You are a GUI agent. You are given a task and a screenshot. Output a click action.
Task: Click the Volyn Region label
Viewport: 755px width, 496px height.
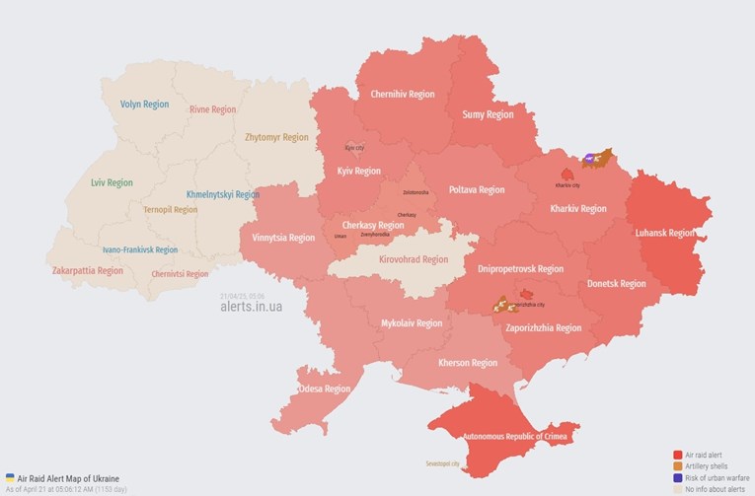point(144,104)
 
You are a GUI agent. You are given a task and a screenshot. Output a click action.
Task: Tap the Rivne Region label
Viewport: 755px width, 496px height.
point(213,109)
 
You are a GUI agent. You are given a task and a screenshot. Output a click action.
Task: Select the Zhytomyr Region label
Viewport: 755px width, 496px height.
point(276,137)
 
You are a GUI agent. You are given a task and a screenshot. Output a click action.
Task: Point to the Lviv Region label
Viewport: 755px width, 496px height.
point(112,182)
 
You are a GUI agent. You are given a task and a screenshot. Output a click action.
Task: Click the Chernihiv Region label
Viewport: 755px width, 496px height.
point(402,95)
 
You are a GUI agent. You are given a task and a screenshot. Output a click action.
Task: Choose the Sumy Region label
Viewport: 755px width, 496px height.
point(488,114)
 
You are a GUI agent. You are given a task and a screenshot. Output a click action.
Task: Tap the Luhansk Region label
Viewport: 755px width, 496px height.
point(667,233)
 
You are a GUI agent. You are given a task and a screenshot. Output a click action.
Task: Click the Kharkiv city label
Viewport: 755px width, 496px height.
point(567,184)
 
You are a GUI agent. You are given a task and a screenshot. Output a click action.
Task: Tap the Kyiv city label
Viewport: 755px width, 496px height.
point(354,148)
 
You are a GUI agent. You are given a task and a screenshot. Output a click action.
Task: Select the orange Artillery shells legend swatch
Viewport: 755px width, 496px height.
point(677,465)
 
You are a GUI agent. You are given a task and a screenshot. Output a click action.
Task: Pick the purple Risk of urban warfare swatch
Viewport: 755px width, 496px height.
point(677,477)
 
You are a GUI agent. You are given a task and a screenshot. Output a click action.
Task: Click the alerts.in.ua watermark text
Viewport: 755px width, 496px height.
point(251,307)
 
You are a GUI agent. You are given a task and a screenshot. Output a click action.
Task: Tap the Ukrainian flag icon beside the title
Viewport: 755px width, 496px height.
point(10,477)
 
